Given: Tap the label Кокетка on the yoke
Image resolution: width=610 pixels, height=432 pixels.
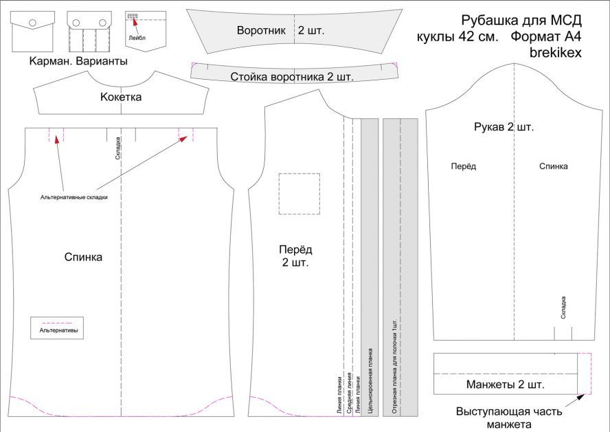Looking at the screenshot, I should coord(121,97).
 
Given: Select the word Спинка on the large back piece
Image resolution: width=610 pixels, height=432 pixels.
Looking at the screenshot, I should coord(83,257).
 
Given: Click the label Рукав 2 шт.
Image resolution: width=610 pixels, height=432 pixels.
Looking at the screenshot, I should coord(504,127).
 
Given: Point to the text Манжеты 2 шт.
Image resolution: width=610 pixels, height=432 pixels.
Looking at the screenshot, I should coord(505,384).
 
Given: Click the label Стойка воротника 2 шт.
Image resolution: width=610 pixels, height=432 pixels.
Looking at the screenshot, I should coord(292,76).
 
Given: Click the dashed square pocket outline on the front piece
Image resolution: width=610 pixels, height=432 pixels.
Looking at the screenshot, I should coord(299,194).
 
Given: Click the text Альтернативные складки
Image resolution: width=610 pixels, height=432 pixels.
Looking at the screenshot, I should coord(74,196).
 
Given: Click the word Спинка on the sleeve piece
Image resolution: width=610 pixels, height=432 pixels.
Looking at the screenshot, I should coord(553,166).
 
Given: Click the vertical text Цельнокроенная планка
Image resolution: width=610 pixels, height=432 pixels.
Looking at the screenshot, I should coord(370,382).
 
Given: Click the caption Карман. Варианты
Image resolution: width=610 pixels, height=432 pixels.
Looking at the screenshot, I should coord(78,61).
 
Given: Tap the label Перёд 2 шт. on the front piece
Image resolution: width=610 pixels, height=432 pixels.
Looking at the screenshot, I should coord(294,255).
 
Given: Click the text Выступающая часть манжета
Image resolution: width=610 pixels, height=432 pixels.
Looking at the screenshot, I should coord(508,418).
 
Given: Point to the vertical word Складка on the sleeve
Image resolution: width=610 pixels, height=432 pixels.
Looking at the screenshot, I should coord(563,306).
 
